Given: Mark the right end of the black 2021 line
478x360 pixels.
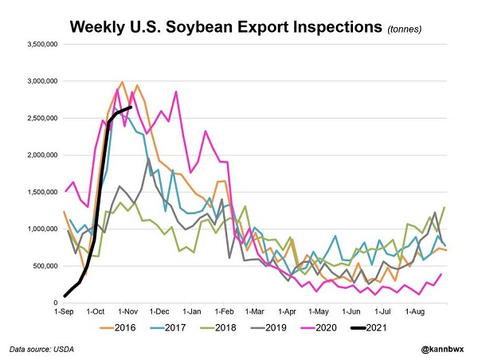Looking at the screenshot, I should (x=131, y=108).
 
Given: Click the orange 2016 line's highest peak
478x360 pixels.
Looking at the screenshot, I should (x=122, y=82).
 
